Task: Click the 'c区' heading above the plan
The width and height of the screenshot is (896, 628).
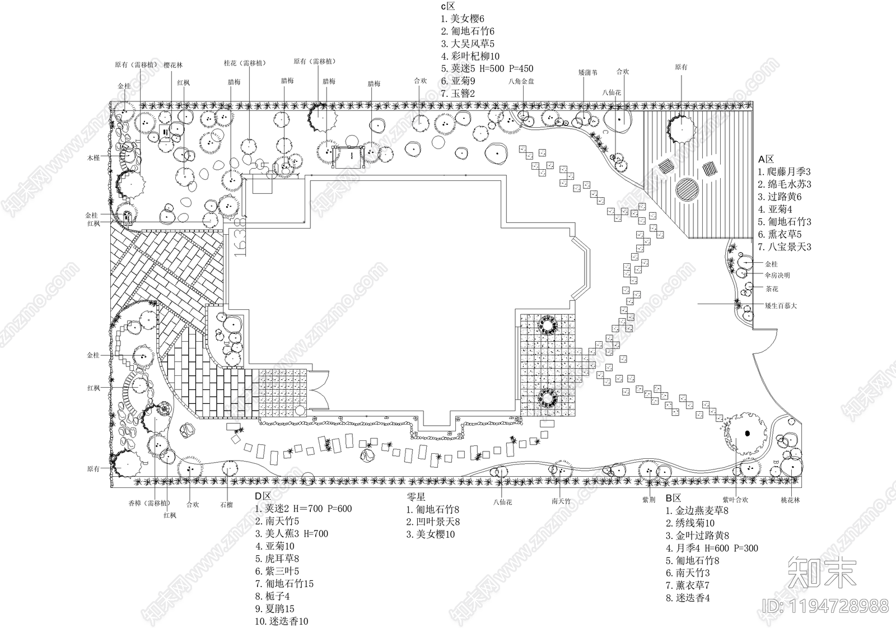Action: tap(448, 7)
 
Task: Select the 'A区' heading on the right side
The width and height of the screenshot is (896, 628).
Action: tap(765, 159)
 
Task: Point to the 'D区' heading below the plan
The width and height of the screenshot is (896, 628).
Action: tap(263, 496)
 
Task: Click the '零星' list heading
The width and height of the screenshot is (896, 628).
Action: tap(417, 497)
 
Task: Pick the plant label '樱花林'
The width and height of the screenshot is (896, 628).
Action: tap(173, 65)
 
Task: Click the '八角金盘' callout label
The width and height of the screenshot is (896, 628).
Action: tap(521, 81)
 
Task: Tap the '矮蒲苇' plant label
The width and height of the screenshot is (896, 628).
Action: tap(587, 73)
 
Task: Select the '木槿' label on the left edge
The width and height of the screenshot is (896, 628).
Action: tap(93, 159)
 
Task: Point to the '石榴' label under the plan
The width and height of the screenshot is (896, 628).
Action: tap(226, 504)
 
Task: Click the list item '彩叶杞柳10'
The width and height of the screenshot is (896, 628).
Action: tap(470, 56)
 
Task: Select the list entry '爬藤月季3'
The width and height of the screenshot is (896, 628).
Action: tap(784, 172)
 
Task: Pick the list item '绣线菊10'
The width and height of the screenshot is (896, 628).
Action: tap(690, 523)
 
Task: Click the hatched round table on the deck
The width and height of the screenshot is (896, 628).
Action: tap(687, 190)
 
